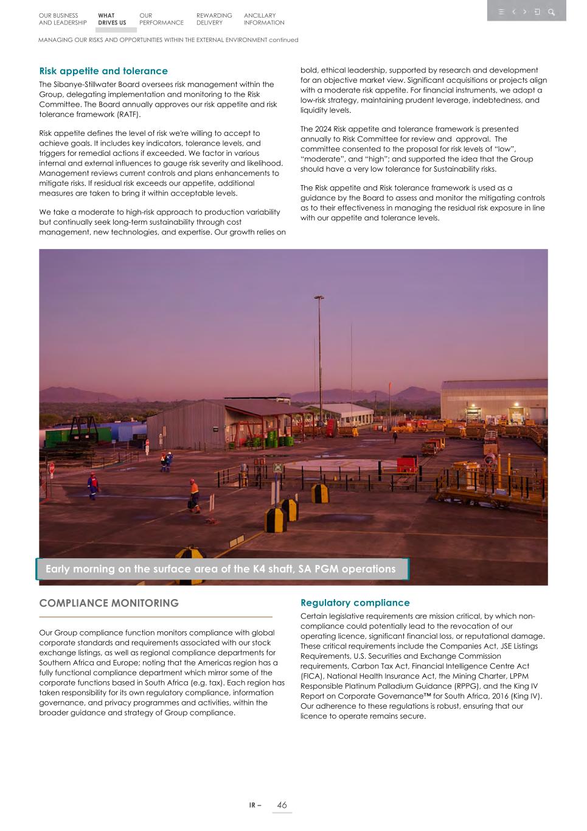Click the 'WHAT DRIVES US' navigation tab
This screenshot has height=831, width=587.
pyautogui.click(x=112, y=19)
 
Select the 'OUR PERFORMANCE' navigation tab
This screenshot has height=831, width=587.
pyautogui.click(x=161, y=19)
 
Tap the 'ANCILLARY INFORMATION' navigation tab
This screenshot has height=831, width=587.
pyautogui.click(x=264, y=19)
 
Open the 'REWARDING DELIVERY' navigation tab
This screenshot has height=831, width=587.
pyautogui.click(x=214, y=19)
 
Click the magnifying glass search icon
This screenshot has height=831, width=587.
pyautogui.click(x=551, y=12)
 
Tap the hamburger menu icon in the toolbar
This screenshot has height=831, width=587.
pyautogui.click(x=501, y=12)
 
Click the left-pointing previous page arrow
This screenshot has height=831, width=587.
pyautogui.click(x=514, y=12)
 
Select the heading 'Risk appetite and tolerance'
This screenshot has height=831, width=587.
pyautogui.click(x=103, y=71)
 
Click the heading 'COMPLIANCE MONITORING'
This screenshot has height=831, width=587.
pyautogui.click(x=109, y=603)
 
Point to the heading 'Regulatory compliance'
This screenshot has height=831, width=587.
pyautogui.click(x=355, y=603)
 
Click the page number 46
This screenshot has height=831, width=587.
pyautogui.click(x=282, y=805)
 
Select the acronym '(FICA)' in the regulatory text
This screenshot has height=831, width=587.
pyautogui.click(x=313, y=676)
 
